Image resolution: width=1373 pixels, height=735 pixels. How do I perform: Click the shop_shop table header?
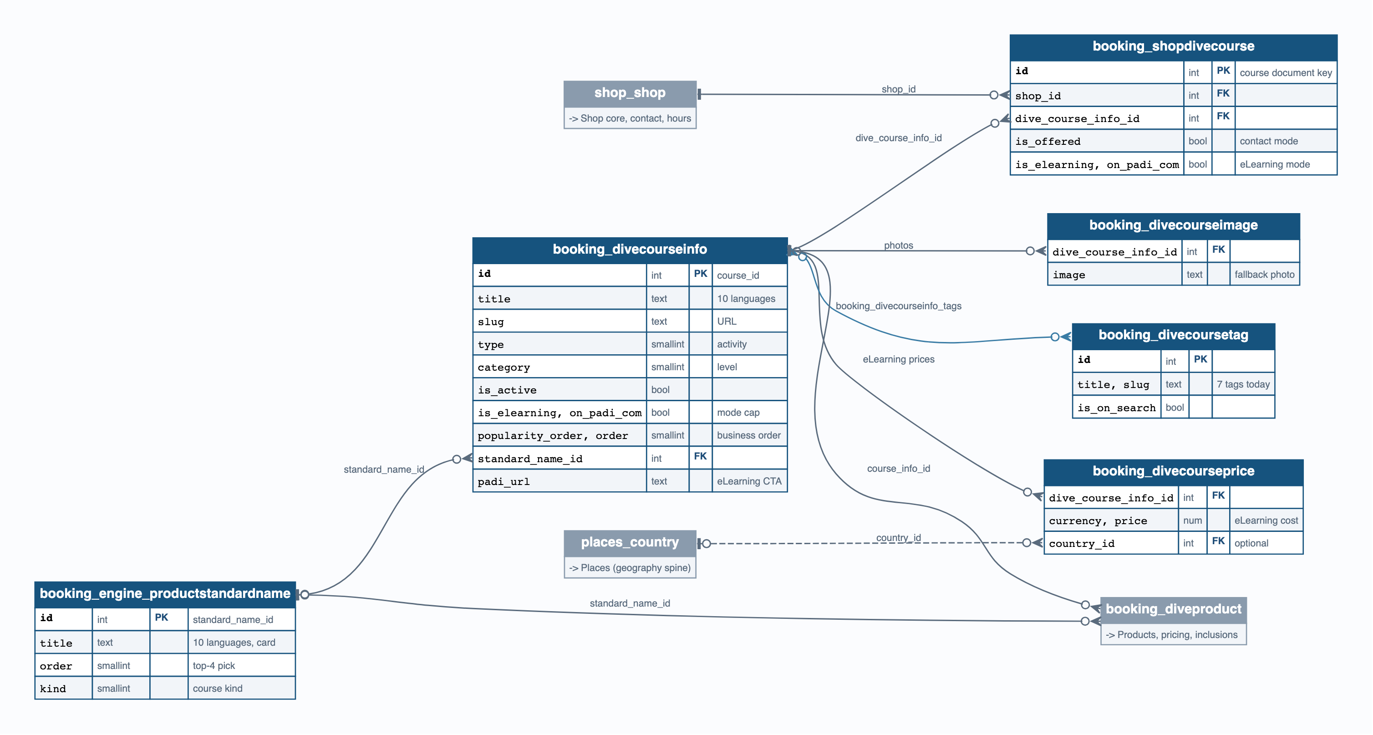point(630,93)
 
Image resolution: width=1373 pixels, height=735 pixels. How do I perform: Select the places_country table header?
point(630,542)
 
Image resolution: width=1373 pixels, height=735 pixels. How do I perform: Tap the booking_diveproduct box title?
point(1173,609)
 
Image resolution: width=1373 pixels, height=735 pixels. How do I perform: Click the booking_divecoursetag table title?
point(1173,335)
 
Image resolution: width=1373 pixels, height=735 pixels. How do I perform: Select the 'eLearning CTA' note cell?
point(749,481)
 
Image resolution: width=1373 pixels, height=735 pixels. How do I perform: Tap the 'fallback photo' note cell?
point(1264,275)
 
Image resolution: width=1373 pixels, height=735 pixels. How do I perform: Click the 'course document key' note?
point(1286,73)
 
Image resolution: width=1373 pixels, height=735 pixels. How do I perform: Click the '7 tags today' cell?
point(1243,384)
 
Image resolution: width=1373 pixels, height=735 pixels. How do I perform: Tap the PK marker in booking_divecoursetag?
point(1200,359)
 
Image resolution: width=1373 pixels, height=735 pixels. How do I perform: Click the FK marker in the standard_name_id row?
point(700,456)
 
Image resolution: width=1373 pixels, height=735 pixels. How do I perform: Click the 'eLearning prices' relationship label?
point(899,360)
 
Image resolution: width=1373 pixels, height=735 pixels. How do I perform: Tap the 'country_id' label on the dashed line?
point(899,538)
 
